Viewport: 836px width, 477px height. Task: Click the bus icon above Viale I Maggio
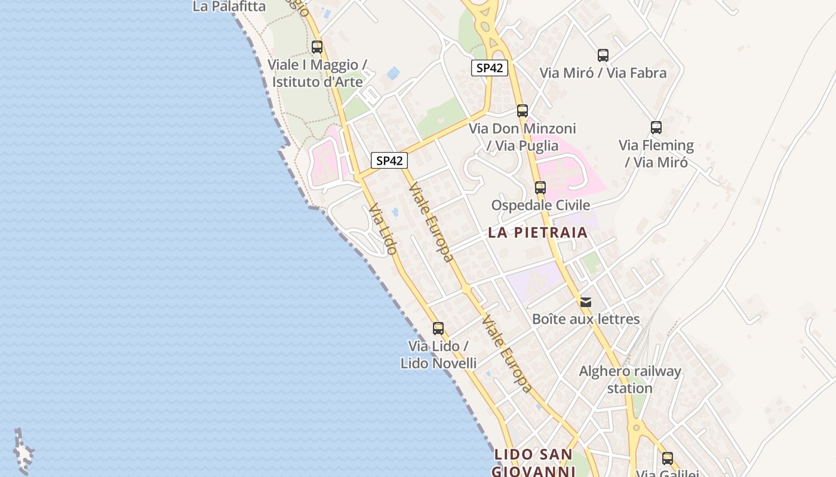pyautogui.click(x=317, y=47)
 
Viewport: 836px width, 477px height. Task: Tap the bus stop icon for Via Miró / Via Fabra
pyautogui.click(x=603, y=55)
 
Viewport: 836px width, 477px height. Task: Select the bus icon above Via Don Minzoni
pyautogui.click(x=522, y=110)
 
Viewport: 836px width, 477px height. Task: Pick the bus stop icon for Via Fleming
pyautogui.click(x=656, y=127)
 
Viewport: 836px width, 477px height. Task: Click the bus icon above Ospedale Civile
pyautogui.click(x=540, y=187)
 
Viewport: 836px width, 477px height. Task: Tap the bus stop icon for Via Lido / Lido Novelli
pyautogui.click(x=438, y=328)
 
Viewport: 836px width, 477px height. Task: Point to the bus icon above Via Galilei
pyautogui.click(x=668, y=458)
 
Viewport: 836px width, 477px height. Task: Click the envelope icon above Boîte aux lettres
pyautogui.click(x=586, y=302)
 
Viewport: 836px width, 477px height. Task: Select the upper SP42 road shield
pyautogui.click(x=490, y=68)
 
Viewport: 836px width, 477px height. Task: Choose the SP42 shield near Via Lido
pyautogui.click(x=389, y=160)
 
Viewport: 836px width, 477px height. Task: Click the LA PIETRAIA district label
pyautogui.click(x=538, y=233)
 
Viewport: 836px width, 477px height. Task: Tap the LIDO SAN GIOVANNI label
pyautogui.click(x=534, y=463)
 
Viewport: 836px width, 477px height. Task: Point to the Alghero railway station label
pyautogui.click(x=630, y=379)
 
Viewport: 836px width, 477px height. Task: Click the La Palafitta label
pyautogui.click(x=229, y=7)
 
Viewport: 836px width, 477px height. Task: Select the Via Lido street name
pyautogui.click(x=383, y=229)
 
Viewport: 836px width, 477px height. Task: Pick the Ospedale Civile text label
pyautogui.click(x=540, y=205)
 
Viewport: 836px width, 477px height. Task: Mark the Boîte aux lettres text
pyautogui.click(x=586, y=319)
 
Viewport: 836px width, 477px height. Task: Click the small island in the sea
pyautogui.click(x=24, y=453)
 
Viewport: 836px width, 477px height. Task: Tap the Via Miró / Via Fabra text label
pyautogui.click(x=603, y=73)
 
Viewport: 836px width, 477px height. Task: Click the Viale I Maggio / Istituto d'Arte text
pyautogui.click(x=317, y=73)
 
